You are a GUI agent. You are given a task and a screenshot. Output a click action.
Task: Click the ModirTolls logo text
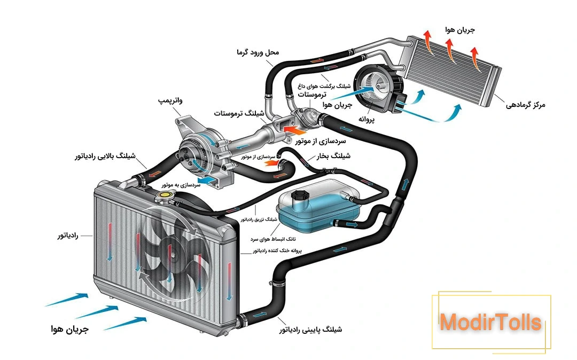tap(490, 323)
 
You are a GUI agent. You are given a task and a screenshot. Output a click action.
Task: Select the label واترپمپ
tap(171, 100)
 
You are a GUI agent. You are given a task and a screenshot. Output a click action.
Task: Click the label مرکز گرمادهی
tap(526, 105)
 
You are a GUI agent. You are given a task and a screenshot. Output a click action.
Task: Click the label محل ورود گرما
tap(258, 52)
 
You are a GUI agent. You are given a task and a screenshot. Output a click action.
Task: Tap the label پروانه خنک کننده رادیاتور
tap(277, 250)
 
